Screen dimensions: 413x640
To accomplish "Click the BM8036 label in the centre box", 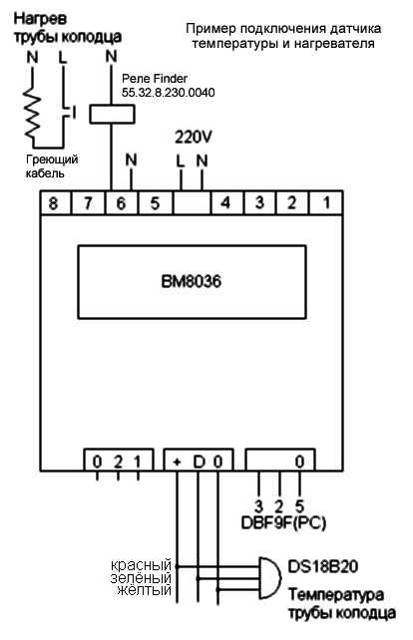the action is pos(192,282).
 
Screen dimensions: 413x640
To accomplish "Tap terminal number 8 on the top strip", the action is pos(54,202).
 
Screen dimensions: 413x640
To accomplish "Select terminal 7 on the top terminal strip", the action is pos(88,202).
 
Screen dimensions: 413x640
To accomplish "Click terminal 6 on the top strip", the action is pos(122,202).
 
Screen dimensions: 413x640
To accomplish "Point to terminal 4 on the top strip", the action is pos(225,202).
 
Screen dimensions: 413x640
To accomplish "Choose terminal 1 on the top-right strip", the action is pos(326,202).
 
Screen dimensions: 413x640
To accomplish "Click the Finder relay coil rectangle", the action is pos(112,114).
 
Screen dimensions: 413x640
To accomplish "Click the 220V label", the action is pos(194,138).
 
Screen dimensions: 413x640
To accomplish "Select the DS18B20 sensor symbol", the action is pos(270,578).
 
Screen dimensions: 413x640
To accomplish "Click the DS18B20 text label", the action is pos(323,566).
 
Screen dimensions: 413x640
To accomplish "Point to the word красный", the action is pos(141,565).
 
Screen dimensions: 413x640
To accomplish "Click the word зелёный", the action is pos(141,578).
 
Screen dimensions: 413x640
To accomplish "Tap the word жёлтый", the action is pos(145,590).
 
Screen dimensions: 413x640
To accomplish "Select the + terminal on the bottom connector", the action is pos(177,462).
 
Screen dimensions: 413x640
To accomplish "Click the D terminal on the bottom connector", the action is pos(199,462).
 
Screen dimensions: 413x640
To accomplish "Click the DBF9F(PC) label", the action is pos(283,522).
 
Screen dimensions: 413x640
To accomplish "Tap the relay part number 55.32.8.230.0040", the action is pos(169,93).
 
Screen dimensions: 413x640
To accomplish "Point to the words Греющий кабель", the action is pos(52,166).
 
